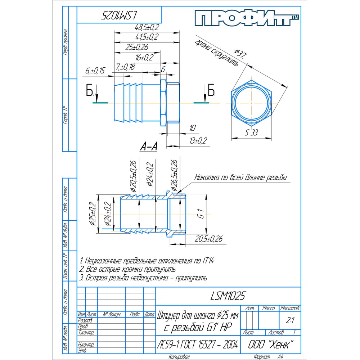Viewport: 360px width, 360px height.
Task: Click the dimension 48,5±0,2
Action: pos(147,27)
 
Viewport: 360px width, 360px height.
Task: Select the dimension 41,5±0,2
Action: pos(147,37)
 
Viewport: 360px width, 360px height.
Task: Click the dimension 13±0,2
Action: pos(199,141)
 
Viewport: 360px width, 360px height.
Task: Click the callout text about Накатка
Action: pos(240,177)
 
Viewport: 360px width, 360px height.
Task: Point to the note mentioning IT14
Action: pos(149,261)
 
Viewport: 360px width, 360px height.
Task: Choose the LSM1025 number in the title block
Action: pos(228,296)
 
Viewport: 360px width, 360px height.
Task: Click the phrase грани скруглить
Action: pos(216,52)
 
